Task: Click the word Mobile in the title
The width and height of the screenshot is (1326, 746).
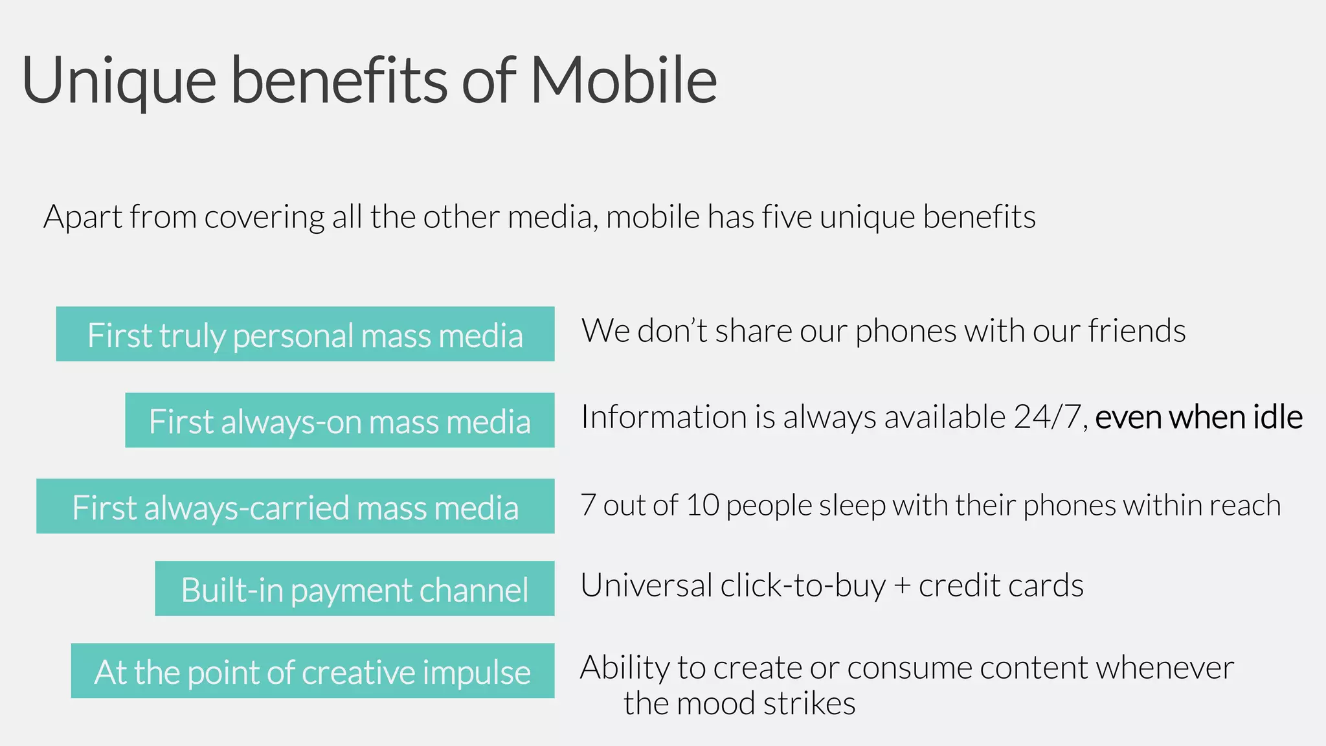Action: [624, 80]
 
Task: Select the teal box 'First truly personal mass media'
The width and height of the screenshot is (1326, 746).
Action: [305, 334]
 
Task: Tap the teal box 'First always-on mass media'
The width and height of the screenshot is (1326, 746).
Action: [339, 420]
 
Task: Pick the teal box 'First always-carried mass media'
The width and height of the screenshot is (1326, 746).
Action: [295, 506]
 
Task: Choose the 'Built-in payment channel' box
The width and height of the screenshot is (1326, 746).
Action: [354, 589]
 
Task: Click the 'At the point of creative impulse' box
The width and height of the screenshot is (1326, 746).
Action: [312, 671]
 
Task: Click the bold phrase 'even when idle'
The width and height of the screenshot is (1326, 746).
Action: [1198, 416]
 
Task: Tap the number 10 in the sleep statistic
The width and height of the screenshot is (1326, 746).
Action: [702, 505]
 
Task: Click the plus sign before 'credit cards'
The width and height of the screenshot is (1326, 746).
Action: [902, 586]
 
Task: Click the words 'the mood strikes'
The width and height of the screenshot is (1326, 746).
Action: [739, 703]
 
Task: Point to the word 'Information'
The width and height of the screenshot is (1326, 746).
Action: [664, 416]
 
